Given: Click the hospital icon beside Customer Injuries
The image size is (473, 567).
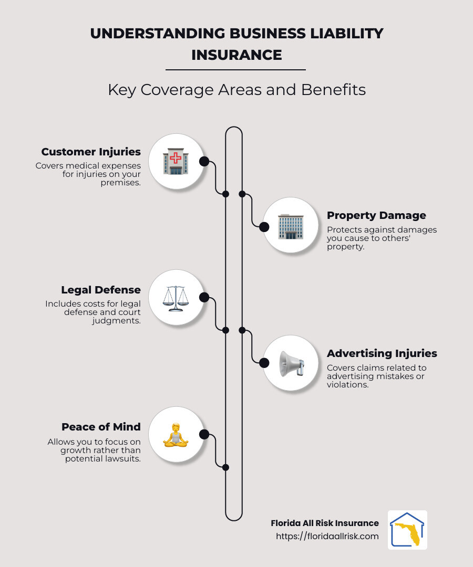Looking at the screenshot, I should [x=176, y=161].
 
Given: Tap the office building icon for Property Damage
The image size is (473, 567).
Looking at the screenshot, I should [x=290, y=226].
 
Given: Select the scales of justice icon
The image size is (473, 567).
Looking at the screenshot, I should [x=176, y=298].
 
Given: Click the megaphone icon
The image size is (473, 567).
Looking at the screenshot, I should [x=290, y=363].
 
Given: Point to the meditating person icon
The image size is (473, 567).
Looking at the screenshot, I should [x=176, y=434].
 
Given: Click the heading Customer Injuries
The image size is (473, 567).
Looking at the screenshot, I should [x=91, y=152].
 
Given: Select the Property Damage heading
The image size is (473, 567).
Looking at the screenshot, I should [x=376, y=215].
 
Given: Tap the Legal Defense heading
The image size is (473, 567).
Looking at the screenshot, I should [x=101, y=290].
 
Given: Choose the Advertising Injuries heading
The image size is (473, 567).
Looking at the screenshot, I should [x=382, y=353].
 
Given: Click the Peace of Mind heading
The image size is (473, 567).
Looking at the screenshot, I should [x=101, y=427].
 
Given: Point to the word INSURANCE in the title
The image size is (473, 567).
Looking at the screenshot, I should [x=236, y=55].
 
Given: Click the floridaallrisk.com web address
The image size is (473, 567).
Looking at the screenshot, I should [x=327, y=537].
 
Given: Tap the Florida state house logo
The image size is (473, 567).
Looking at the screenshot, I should [x=407, y=530].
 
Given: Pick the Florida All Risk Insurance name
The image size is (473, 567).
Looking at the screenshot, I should [x=325, y=523].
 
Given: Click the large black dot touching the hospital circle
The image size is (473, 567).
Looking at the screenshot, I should [x=204, y=161].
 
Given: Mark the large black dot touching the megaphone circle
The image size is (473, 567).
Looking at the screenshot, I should [x=262, y=362].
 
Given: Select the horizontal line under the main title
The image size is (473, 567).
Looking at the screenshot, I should [x=235, y=69].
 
